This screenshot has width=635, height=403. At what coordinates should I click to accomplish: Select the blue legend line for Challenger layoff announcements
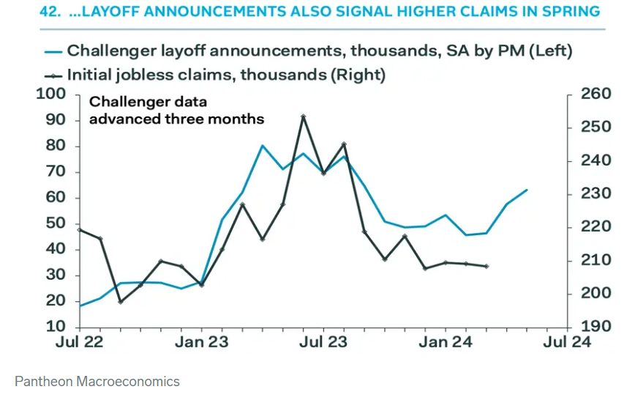pos(53,51)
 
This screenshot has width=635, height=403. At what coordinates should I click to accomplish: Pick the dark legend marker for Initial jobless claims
pos(53,75)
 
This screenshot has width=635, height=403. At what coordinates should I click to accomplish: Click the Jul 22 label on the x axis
pos(80,342)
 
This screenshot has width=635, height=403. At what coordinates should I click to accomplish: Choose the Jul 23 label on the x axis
pos(323,342)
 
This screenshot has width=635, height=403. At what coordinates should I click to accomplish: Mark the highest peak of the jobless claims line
pos(303,117)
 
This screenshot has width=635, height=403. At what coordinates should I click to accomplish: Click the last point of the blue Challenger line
pos(527,190)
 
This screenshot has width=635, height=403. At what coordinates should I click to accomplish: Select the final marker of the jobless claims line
pos(486,266)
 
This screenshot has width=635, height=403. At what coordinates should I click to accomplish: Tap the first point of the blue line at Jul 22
pos(80,306)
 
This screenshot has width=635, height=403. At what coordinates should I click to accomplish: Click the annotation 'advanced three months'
pos(176,119)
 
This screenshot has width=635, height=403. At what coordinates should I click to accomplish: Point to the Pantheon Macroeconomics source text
pos(97,382)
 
